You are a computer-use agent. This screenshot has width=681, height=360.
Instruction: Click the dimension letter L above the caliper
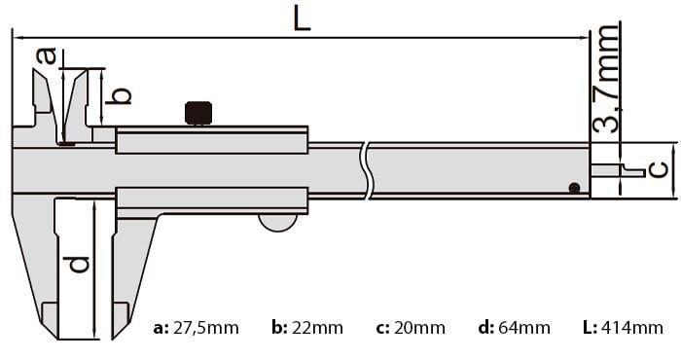tap(303, 19)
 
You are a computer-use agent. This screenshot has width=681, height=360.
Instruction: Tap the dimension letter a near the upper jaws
tap(46, 55)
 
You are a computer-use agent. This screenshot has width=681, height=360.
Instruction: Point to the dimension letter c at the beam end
tap(658, 169)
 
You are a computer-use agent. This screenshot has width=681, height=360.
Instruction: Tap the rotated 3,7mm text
tap(605, 79)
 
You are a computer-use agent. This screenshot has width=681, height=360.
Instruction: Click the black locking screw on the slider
tap(198, 113)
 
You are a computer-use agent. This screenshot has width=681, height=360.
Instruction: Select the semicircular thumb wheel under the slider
tap(278, 223)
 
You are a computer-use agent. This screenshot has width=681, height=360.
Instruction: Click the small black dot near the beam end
tap(574, 188)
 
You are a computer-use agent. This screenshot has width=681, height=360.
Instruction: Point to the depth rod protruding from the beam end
tap(618, 170)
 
